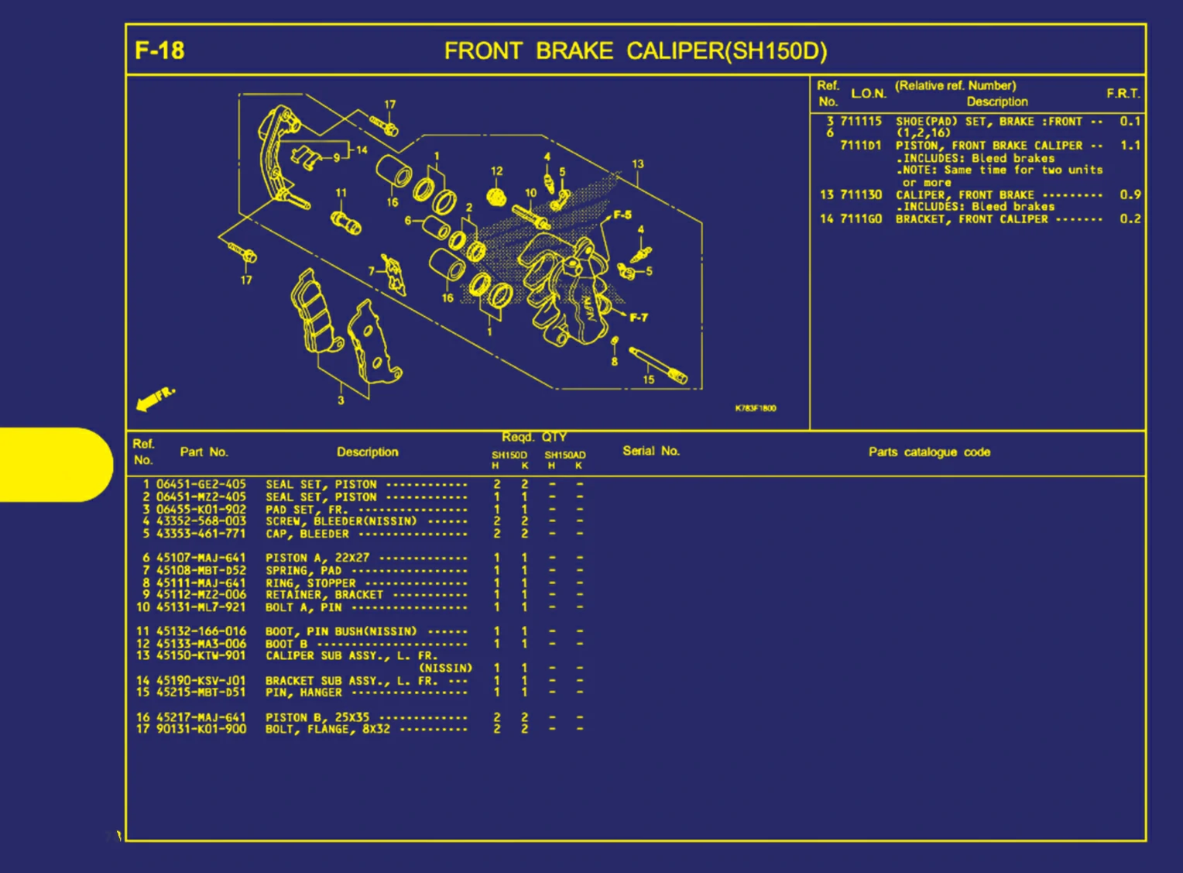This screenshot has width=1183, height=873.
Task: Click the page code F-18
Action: pos(159,51)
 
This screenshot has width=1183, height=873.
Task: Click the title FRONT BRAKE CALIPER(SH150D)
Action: pos(635,51)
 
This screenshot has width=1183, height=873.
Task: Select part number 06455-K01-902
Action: pos(201,510)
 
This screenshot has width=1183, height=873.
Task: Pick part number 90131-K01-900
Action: pos(201,729)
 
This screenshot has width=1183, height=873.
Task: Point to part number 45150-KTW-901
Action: pos(201,655)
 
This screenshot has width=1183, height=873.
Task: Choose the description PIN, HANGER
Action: pos(303,693)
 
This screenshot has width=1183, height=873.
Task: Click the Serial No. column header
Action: pos(650,451)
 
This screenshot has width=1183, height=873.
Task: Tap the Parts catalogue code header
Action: pos(928,452)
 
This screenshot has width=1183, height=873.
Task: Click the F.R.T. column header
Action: pos(1123,94)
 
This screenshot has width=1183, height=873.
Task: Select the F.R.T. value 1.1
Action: pos(1130,146)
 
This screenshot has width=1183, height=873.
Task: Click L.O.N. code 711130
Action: pos(861,195)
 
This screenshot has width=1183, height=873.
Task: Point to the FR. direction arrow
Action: pos(154,398)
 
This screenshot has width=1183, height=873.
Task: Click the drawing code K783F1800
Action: pos(755,408)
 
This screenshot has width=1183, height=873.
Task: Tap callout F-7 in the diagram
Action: pos(638,318)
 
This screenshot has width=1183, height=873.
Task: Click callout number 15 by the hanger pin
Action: pos(648,380)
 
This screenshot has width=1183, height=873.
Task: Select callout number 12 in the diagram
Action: pos(496,171)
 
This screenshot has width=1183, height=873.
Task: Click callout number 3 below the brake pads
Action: pos(341,400)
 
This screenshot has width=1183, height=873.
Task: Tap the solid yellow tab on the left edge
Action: pos(54,464)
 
